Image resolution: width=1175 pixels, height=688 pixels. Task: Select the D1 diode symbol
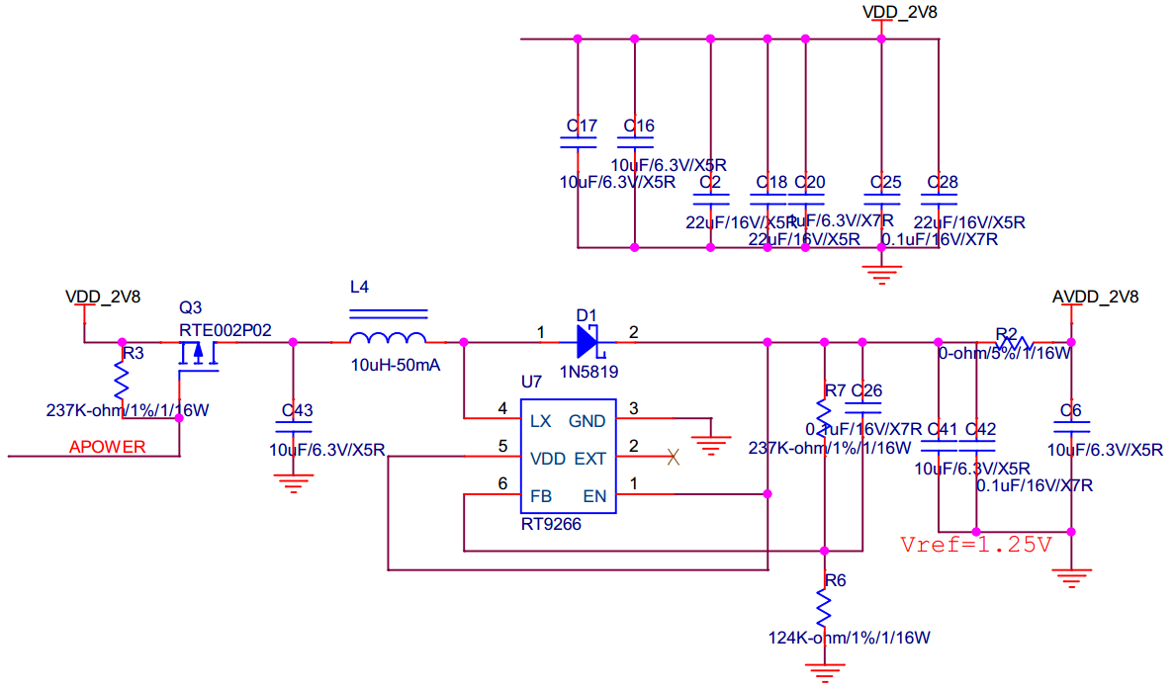tap(587, 342)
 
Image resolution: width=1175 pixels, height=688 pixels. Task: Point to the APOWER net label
tap(107, 447)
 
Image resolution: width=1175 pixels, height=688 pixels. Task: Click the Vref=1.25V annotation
tap(975, 544)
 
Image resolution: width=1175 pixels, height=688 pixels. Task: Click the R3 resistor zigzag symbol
tap(123, 378)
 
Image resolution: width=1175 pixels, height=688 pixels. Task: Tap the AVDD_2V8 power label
tap(1095, 297)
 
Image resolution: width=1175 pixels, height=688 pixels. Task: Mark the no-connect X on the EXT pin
tap(674, 457)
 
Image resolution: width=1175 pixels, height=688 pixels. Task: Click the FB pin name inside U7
tap(540, 495)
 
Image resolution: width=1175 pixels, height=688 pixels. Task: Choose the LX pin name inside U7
tap(540, 420)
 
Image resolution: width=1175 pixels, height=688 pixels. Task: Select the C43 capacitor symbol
tap(294, 427)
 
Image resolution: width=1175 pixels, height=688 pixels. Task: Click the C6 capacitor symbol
tap(1070, 427)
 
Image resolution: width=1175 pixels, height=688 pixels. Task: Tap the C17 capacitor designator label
tap(581, 126)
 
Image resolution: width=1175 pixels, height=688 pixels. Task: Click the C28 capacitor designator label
tap(942, 183)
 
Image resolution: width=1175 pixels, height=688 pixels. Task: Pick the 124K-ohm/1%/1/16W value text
tap(849, 638)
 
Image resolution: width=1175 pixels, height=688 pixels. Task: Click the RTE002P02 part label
tap(225, 329)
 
